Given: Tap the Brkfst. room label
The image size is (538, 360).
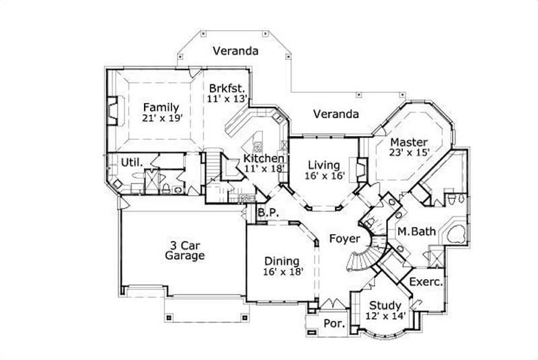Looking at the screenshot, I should (x=227, y=88).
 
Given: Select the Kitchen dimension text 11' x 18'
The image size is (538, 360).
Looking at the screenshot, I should (x=264, y=169).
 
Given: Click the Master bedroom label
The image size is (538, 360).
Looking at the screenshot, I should (x=409, y=142).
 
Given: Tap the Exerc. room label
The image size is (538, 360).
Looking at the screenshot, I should (x=425, y=282).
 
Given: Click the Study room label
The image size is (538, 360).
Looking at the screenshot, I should (x=385, y=306).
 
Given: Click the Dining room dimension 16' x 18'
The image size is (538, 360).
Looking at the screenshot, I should (x=283, y=272).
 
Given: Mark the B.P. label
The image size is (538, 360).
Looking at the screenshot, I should (x=269, y=215).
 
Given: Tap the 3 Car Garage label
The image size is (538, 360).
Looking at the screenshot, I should (x=184, y=250).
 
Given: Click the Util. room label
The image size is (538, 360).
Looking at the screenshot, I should (x=130, y=162).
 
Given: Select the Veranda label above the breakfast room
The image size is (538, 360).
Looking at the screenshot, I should (x=232, y=50).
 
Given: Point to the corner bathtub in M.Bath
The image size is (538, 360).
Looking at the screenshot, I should (x=455, y=233).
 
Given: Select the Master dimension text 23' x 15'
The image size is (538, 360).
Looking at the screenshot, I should (x=409, y=153).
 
